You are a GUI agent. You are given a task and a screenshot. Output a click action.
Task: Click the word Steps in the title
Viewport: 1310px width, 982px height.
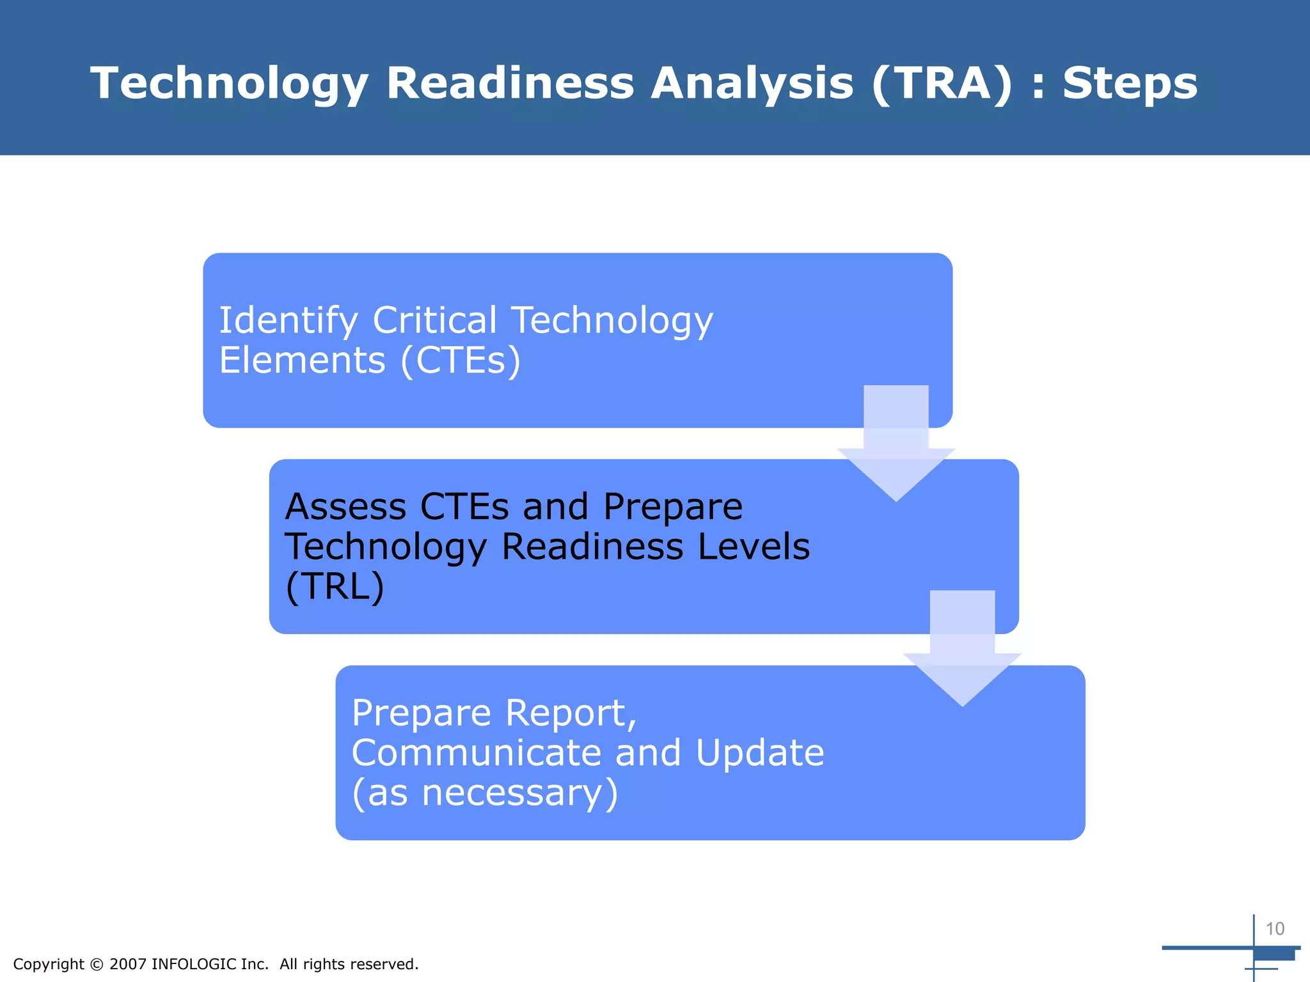point(1129,83)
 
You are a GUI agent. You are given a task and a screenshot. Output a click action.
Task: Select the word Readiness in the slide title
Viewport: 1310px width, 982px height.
point(510,83)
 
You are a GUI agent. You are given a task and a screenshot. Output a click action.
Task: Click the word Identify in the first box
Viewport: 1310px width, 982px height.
point(288,320)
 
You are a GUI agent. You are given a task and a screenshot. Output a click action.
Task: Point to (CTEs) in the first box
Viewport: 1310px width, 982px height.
point(461,360)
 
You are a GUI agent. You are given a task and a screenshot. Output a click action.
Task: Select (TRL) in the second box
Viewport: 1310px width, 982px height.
point(335,586)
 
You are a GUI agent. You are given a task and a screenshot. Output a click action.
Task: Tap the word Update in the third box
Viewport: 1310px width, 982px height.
point(759,752)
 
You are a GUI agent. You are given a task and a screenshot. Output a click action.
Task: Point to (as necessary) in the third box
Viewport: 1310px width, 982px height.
point(485,793)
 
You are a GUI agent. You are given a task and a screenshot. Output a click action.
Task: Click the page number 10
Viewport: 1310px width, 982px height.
point(1275,928)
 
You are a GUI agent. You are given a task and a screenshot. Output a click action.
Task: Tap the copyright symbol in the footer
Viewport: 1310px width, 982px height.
point(97,964)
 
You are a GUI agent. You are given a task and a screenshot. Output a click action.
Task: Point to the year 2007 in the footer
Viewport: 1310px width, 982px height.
point(128,964)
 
